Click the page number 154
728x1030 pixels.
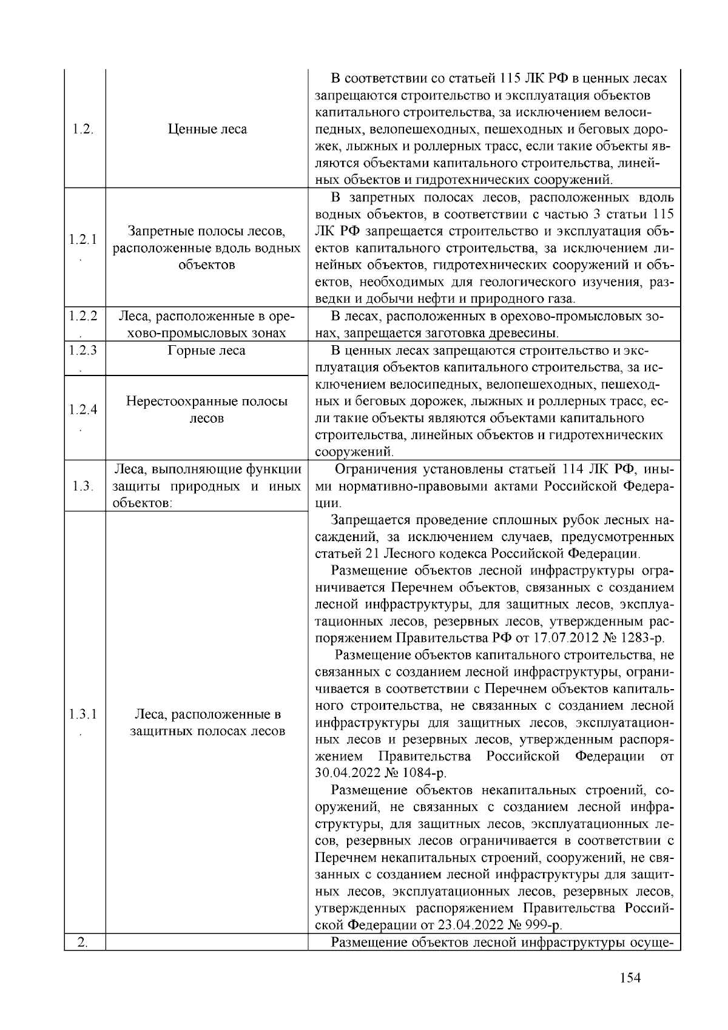coord(630,978)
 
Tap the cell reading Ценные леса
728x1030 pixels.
coord(207,129)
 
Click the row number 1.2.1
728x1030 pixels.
coord(83,239)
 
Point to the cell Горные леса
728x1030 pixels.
coord(207,351)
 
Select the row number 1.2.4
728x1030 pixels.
coord(83,410)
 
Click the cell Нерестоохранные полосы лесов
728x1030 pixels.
coord(207,410)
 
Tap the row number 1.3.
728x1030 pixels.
coord(83,486)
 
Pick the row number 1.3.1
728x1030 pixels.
coord(83,714)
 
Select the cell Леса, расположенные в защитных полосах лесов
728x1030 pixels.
coord(207,722)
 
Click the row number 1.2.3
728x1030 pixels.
coord(83,351)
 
